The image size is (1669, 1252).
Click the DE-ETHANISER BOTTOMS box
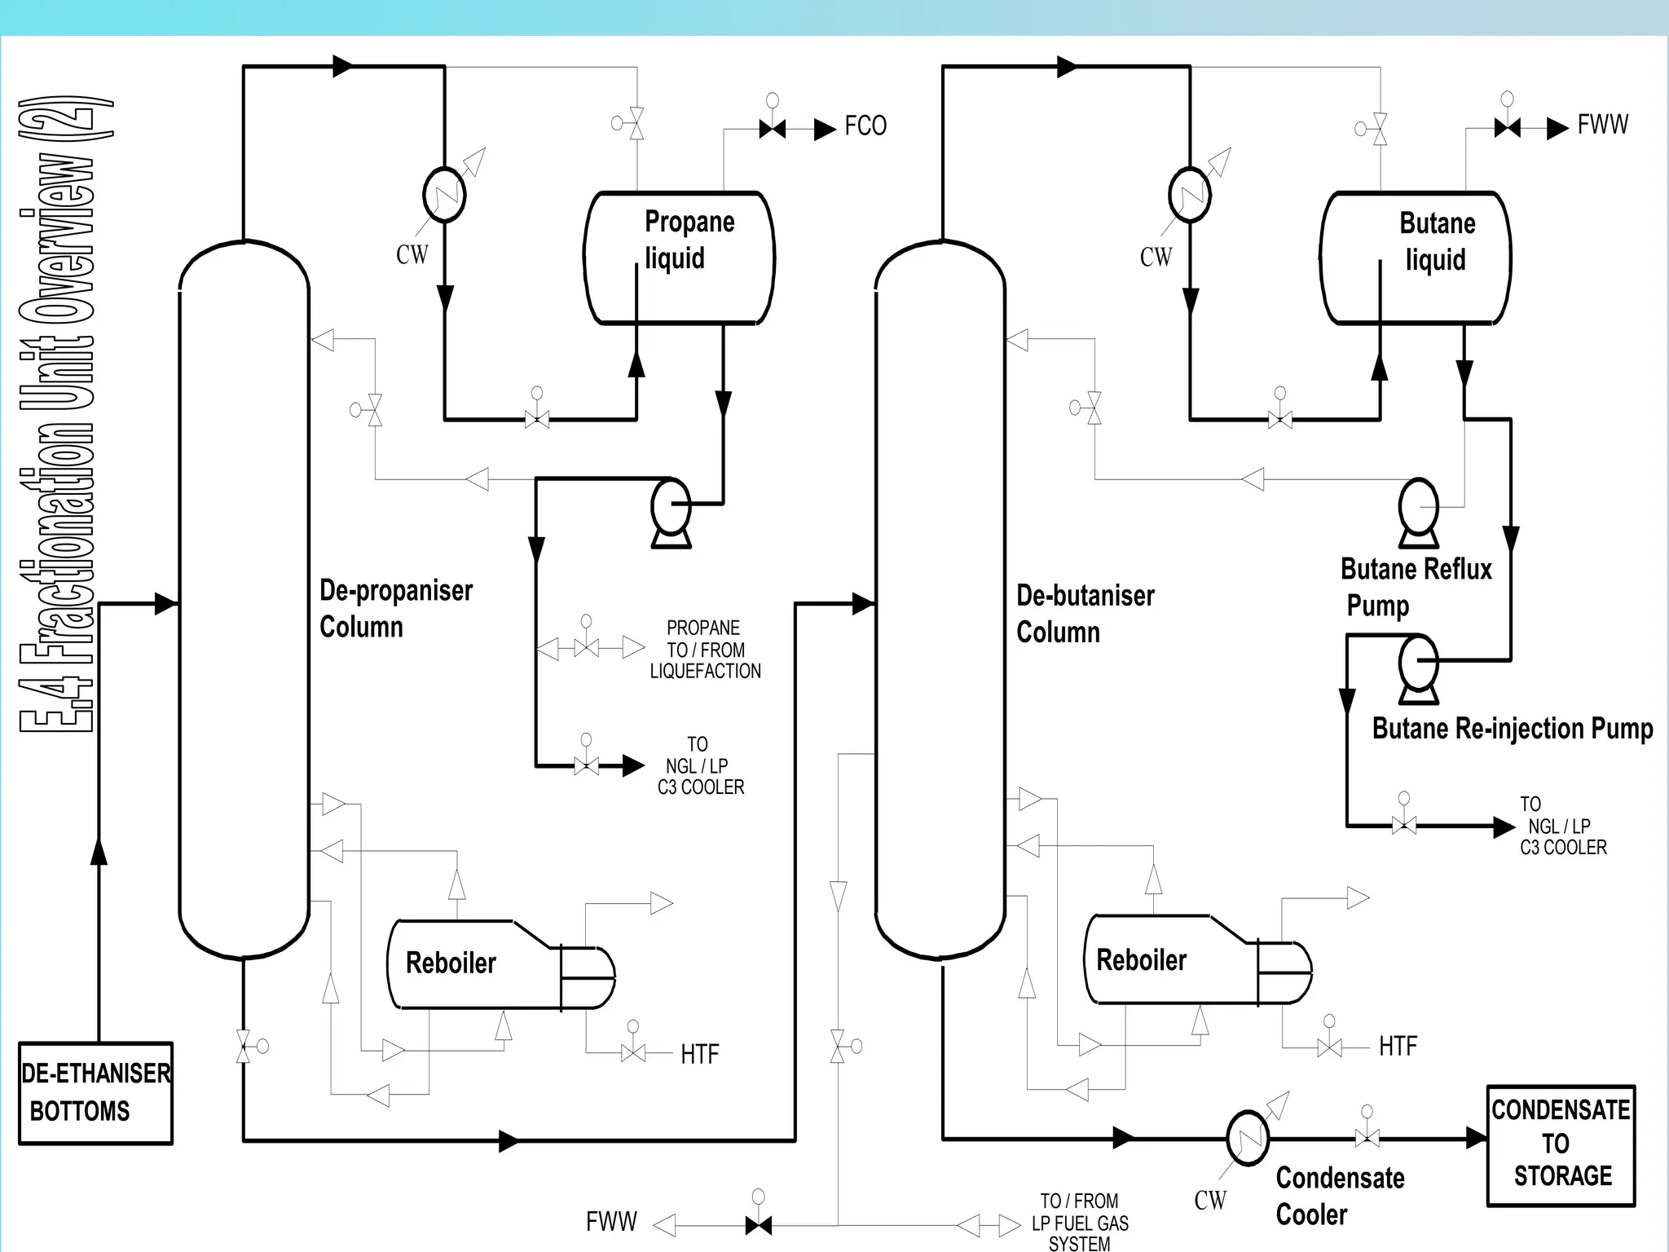96,1093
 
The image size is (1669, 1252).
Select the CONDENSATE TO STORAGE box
1560,1144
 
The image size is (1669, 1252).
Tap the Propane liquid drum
679,258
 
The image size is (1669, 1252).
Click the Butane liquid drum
1415,258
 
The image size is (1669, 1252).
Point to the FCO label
865,126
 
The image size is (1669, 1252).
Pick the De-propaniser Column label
395,608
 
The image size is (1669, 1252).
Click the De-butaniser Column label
1085,614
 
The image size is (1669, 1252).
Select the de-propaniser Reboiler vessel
473,964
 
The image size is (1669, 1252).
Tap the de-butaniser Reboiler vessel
1169,959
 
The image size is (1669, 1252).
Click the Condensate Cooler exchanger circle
1248,1138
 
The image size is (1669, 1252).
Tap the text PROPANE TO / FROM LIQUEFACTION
705,650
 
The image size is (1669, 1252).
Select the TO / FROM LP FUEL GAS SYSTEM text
1080,1223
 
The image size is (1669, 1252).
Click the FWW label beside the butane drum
1602,125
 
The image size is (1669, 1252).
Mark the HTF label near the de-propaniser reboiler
699,1055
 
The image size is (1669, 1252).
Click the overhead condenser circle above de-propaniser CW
444,195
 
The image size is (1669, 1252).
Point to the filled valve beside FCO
772,129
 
